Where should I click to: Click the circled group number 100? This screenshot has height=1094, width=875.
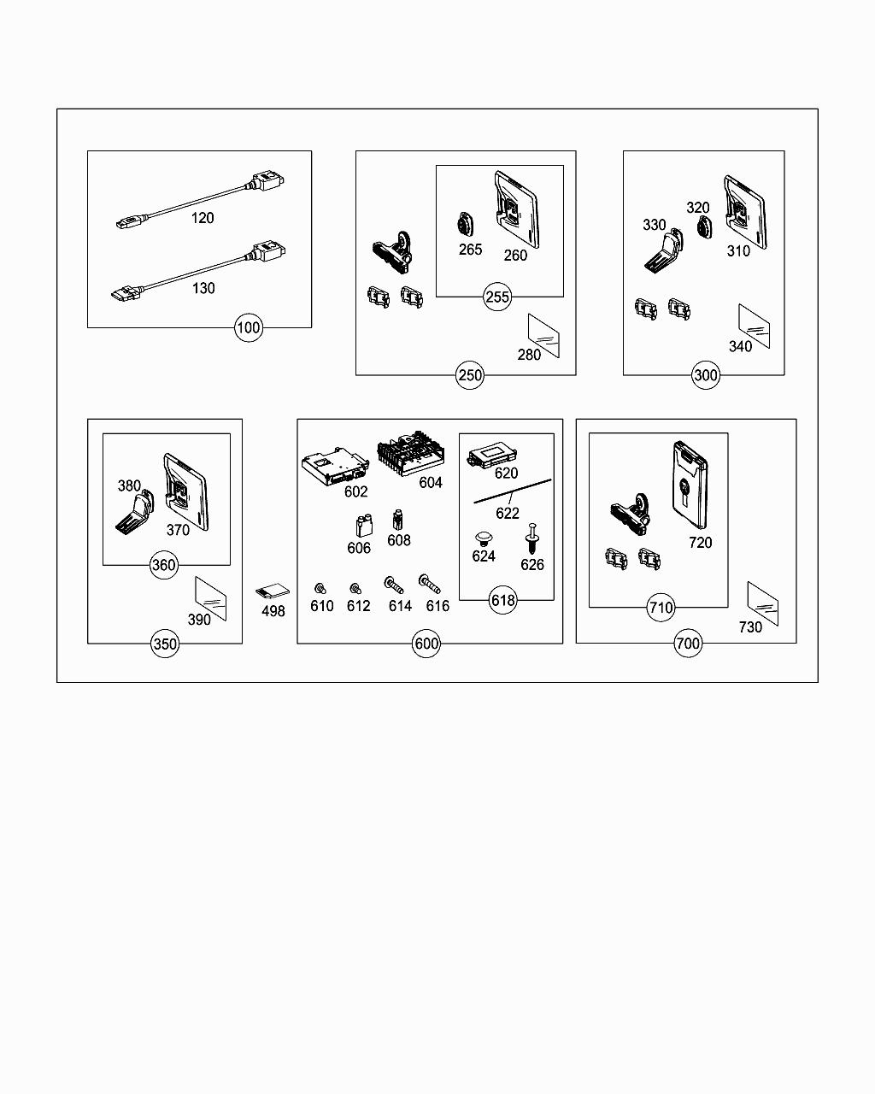(x=249, y=328)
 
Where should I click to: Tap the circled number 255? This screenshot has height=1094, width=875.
(x=496, y=297)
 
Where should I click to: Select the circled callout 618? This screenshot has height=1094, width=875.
(x=502, y=600)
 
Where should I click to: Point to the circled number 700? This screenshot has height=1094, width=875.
(x=687, y=644)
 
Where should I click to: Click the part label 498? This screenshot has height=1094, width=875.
(x=273, y=611)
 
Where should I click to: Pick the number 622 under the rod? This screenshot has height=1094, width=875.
(x=508, y=514)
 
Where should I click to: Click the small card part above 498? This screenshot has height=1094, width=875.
(x=273, y=591)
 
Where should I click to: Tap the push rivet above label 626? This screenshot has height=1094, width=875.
(x=531, y=538)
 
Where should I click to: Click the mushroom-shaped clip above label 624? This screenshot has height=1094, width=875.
(x=484, y=538)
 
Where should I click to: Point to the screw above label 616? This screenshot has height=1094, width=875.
(x=429, y=584)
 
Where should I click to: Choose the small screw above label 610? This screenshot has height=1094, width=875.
(x=320, y=588)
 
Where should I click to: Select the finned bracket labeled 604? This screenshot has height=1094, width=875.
(x=411, y=453)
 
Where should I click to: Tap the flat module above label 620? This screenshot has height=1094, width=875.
(x=493, y=454)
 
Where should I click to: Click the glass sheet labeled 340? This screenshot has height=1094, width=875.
(x=754, y=326)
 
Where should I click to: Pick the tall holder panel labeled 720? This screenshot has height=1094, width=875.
(x=690, y=485)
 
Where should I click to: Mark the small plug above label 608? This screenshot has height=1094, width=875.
(x=397, y=520)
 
